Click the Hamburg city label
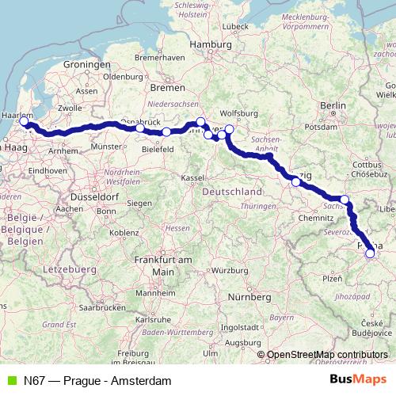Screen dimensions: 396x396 click(x=210, y=44)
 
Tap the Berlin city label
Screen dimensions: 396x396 click(x=333, y=105)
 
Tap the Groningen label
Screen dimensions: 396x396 click(x=86, y=63)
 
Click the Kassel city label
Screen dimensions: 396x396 click(x=192, y=177)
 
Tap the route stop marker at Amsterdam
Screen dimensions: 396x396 click(x=24, y=123)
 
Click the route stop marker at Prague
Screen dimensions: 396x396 click(x=370, y=253)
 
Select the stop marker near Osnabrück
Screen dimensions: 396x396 click(x=139, y=128)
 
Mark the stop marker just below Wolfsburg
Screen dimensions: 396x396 click(x=230, y=129)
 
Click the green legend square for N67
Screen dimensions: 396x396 click(x=11, y=381)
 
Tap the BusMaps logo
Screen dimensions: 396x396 click(x=359, y=380)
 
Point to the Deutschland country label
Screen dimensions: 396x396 click(x=232, y=192)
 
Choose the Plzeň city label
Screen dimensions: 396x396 click(x=332, y=279)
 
